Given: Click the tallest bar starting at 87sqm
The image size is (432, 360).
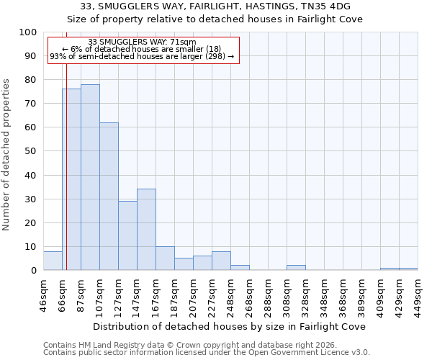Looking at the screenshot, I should [x=90, y=177].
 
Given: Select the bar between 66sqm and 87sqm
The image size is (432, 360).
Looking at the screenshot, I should [x=71, y=179].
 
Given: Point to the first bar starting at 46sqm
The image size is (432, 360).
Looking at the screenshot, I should [x=53, y=261].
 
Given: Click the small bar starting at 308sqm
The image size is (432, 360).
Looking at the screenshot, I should [x=296, y=268].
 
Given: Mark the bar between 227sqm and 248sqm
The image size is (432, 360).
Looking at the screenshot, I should [x=221, y=261].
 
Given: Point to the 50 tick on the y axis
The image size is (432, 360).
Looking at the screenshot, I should [x=32, y=151].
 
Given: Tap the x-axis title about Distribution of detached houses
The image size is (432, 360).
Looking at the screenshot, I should [x=230, y=326].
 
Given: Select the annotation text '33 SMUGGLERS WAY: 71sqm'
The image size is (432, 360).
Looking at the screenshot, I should [x=141, y=42].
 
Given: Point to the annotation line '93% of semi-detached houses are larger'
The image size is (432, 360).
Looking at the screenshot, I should [x=141, y=56].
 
